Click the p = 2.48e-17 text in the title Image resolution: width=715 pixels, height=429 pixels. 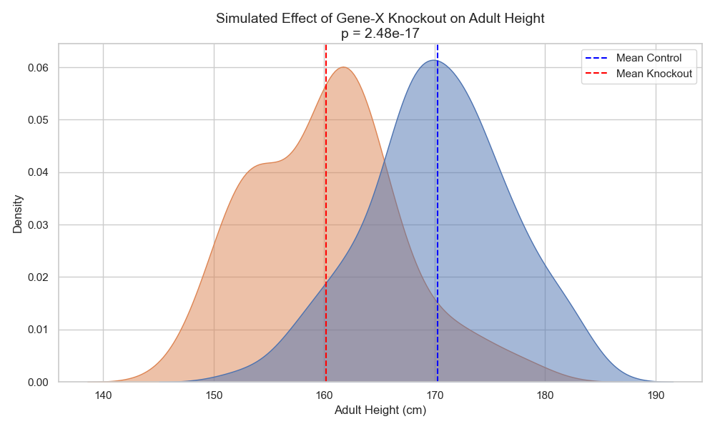point(380,33)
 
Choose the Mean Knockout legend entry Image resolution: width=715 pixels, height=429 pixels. point(654,74)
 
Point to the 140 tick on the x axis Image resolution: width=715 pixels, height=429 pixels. point(104,395)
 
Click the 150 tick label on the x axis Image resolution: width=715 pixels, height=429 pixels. point(214,395)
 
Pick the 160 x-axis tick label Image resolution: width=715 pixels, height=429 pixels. point(325,395)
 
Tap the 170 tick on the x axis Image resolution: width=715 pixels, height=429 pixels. point(435,395)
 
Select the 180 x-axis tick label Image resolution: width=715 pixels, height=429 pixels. point(545,395)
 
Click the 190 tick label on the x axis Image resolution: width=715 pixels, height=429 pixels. point(656,395)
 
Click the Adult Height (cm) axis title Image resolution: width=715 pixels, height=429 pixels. point(380,411)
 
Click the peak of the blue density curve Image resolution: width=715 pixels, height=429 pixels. point(435,60)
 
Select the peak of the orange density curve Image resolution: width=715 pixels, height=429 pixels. point(344,67)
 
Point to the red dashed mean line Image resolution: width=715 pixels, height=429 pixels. point(326,214)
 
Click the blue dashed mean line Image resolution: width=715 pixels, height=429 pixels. point(438,214)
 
